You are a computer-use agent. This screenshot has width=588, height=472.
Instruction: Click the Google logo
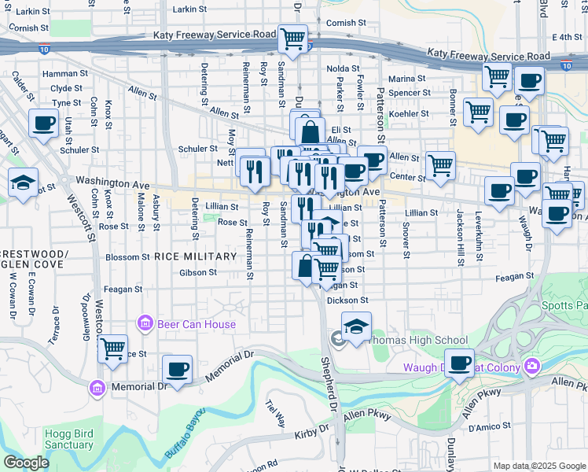(26, 463)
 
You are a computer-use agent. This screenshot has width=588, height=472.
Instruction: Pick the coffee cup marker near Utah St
(43, 124)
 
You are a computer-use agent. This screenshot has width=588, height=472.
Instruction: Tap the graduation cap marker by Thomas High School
(356, 326)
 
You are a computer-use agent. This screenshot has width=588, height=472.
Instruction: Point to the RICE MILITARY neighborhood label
(196, 256)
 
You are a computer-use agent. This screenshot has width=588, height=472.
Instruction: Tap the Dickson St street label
(347, 301)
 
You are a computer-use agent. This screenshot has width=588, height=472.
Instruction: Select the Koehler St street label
(410, 114)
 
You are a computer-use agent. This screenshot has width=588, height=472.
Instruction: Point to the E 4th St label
(566, 37)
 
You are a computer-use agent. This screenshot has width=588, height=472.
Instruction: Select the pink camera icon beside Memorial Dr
(97, 387)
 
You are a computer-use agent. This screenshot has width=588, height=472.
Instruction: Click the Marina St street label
(407, 79)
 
